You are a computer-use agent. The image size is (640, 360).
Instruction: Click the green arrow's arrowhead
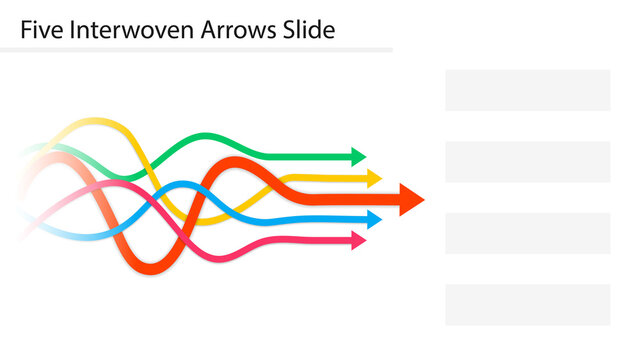click(x=359, y=156)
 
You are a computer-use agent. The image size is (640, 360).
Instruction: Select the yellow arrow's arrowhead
click(x=374, y=179)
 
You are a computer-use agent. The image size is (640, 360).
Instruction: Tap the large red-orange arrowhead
click(x=411, y=198)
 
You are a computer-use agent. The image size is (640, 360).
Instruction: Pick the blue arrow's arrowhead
click(x=374, y=219)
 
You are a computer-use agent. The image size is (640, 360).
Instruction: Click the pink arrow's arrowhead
click(x=359, y=240)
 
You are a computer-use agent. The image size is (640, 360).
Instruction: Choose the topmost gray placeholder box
click(x=527, y=90)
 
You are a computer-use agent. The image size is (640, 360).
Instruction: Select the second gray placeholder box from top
click(x=527, y=161)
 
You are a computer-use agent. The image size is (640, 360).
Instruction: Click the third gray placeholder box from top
click(x=527, y=233)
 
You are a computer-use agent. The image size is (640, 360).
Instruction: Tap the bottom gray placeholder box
click(x=527, y=305)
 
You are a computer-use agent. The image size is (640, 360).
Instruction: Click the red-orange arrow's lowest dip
click(x=148, y=268)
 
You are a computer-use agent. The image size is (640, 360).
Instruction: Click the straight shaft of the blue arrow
click(x=320, y=219)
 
